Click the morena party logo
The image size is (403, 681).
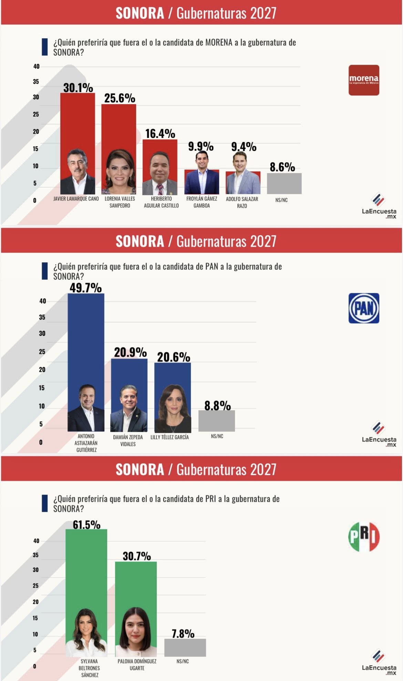364,80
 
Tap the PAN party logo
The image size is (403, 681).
364,308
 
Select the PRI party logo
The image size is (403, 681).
364,537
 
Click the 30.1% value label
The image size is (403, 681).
78,88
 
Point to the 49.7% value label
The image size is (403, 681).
85,287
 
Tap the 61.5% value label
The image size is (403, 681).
86,525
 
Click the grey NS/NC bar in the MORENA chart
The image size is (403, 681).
284,183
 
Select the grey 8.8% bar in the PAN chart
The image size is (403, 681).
217,420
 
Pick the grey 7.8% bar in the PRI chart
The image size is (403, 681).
185,648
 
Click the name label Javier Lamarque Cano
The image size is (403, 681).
76,199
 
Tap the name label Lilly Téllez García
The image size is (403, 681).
169,437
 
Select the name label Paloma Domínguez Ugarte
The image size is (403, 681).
137,664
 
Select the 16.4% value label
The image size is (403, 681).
160,134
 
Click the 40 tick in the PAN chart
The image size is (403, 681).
42,301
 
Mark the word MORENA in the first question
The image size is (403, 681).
219,42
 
